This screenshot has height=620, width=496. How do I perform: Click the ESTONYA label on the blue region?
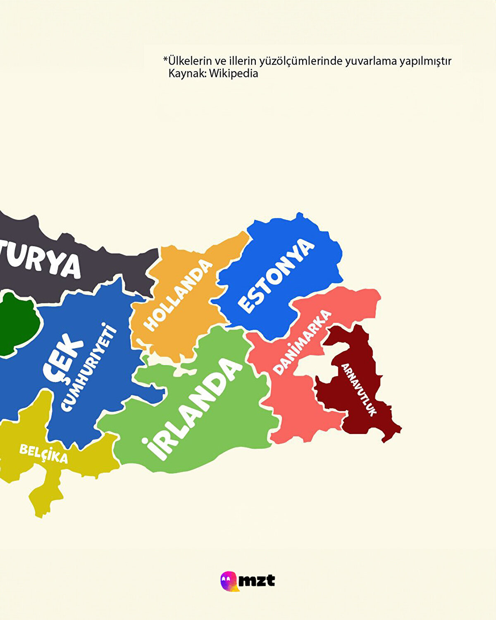276,276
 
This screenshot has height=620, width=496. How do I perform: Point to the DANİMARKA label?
303,342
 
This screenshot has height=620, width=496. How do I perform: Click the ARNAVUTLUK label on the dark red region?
358,389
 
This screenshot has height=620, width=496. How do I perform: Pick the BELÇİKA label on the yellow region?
43,454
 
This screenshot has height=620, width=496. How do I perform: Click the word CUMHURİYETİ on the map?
89,368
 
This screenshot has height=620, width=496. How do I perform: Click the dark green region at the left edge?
17,322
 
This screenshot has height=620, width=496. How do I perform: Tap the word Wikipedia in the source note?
234,74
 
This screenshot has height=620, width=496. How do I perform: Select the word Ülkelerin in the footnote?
190,61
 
